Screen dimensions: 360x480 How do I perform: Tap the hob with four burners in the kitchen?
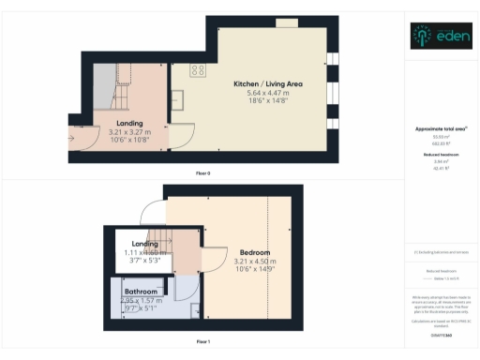point(199,70)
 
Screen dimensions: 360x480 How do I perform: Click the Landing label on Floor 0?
point(129,123)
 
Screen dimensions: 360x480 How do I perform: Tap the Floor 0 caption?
point(202,173)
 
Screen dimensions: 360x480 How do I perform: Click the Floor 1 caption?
point(202,342)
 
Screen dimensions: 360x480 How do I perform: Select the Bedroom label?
point(254,253)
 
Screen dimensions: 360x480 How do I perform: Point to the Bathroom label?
point(141,292)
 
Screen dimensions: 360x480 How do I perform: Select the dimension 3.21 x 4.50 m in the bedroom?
point(254,262)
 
